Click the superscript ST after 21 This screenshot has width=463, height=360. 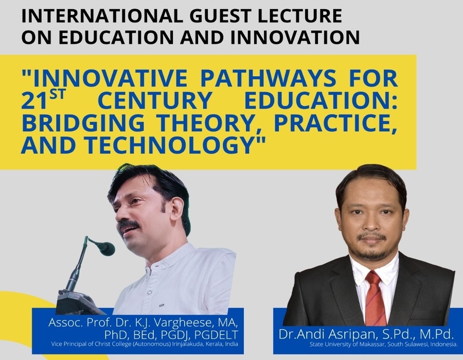click(57, 96)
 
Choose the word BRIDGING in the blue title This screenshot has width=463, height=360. click(83, 123)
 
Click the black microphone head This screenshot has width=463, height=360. click(106, 248)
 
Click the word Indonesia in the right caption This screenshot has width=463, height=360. click(444, 345)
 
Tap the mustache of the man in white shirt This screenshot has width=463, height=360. click(129, 225)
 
